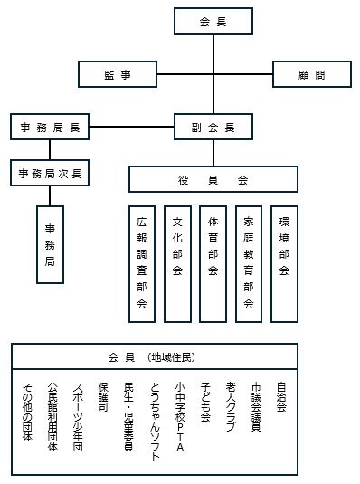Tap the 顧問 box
311,74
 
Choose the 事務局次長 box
50,172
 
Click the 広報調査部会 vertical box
142,265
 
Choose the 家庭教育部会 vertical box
249,265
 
